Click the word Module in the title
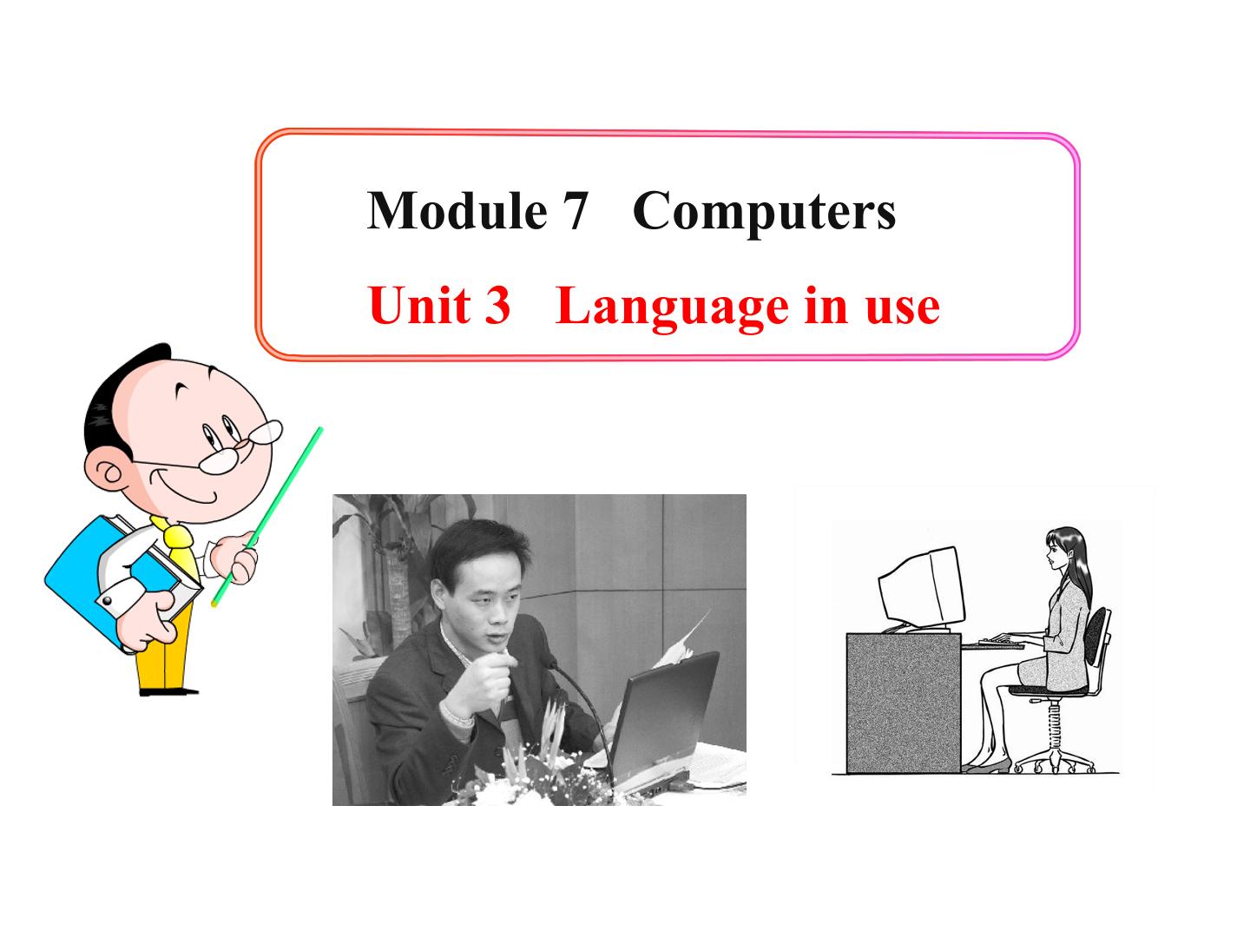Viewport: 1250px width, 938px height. [x=457, y=210]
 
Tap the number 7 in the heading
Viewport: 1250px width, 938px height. [x=574, y=210]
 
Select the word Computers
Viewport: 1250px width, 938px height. [x=764, y=212]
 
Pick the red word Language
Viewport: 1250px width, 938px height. [x=672, y=307]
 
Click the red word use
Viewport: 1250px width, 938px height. [x=903, y=307]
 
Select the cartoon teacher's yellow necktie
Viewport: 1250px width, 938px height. [x=178, y=544]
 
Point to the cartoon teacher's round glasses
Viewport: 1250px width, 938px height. [x=239, y=443]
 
